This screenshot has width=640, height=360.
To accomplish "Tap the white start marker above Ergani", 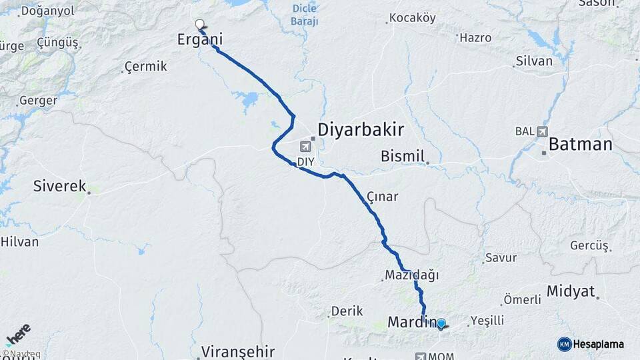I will [199, 25].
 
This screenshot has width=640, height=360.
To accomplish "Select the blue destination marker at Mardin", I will [441, 323].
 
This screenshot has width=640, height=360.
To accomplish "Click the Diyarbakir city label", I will [361, 129].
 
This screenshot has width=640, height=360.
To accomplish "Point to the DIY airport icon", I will [306, 147].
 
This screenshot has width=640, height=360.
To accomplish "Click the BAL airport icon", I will [541, 131].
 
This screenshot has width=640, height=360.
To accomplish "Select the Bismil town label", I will [402, 156].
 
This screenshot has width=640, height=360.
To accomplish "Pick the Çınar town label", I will [382, 197].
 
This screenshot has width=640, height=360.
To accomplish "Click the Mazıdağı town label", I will [411, 275].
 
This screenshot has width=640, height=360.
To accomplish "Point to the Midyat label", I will [571, 291].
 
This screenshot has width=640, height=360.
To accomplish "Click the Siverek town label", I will [60, 186].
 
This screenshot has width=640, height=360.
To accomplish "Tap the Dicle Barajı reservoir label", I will [305, 15].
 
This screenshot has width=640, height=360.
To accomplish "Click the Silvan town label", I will [533, 61].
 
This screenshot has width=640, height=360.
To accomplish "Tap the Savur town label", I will [501, 258].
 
